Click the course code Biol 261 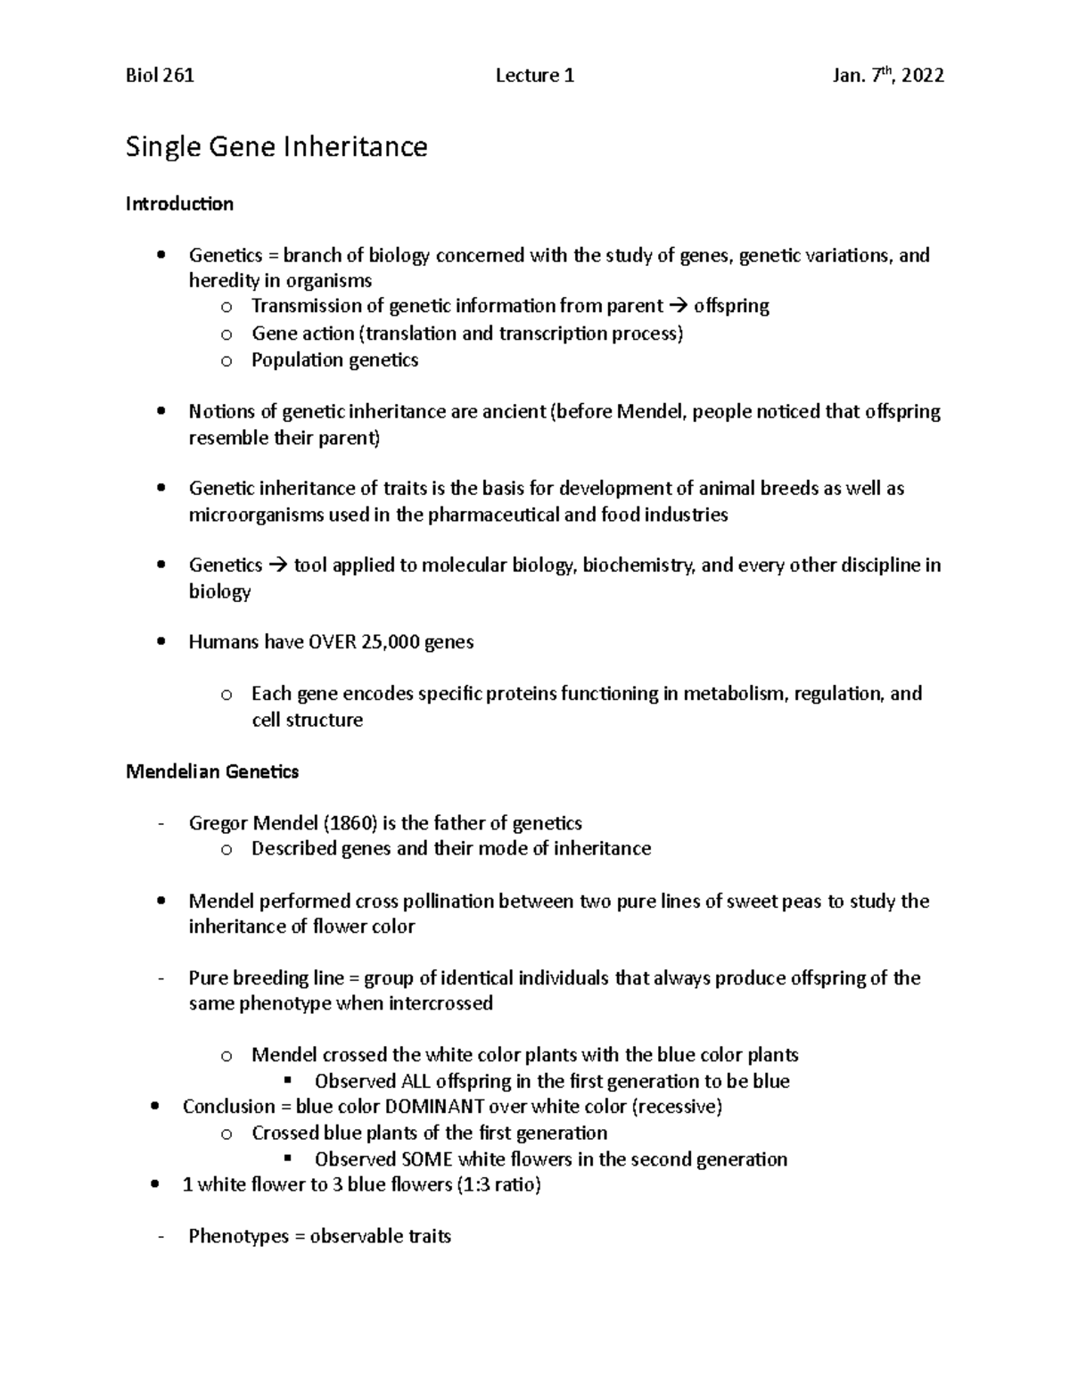click(x=160, y=76)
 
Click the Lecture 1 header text click(x=534, y=76)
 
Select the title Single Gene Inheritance click(x=276, y=146)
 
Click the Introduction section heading click(x=179, y=204)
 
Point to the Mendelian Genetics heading click(x=212, y=771)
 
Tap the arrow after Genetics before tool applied click(x=278, y=565)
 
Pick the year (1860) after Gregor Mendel click(x=349, y=823)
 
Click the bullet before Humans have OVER click(x=160, y=642)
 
